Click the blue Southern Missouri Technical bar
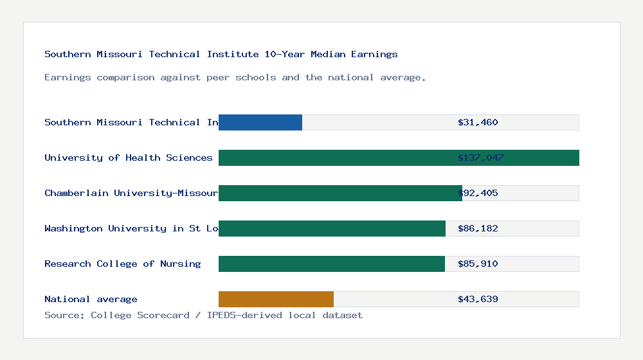[260, 122]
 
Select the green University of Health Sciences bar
[399, 157]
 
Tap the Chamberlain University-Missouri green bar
[340, 193]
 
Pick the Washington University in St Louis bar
[332, 228]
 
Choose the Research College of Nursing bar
[332, 264]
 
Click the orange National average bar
[276, 299]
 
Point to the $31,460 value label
[478, 122]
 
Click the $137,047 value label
[480, 157]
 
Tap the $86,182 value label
[478, 228]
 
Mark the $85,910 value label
[478, 264]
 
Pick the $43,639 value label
[478, 299]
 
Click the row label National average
[91, 299]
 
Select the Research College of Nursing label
[122, 264]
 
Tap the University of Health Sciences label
[128, 157]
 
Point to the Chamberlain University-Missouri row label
[131, 193]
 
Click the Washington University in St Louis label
[131, 228]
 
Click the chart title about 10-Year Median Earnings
[221, 54]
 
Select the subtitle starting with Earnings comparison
[235, 77]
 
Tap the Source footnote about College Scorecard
[203, 315]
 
